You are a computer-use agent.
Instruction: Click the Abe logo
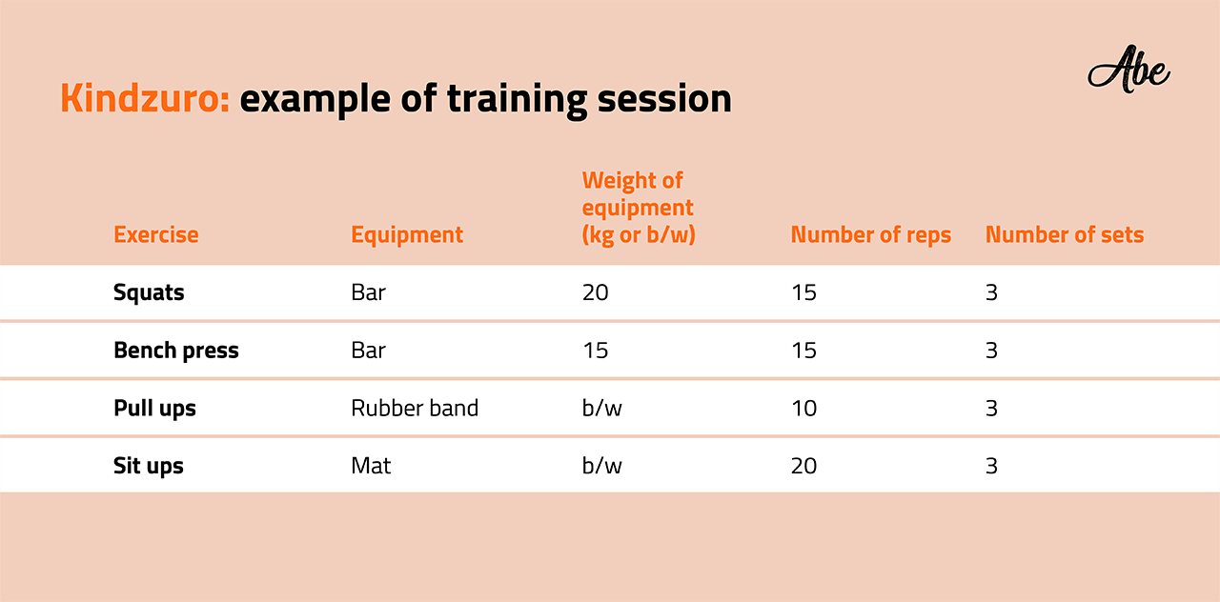[x=1128, y=70]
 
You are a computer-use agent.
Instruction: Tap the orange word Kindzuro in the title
[x=145, y=98]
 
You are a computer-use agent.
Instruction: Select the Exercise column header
[x=155, y=234]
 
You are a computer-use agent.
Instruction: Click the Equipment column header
[x=407, y=235]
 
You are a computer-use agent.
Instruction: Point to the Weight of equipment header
[x=639, y=208]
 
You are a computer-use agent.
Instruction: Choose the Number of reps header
[x=871, y=234]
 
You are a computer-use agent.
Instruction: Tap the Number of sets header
[x=1065, y=234]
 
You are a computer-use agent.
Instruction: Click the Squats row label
[x=149, y=292]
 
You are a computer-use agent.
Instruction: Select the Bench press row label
[x=176, y=350]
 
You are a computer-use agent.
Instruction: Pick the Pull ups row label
[x=154, y=409]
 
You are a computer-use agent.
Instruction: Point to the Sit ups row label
[x=148, y=466]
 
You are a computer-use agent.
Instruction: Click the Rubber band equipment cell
[x=415, y=408]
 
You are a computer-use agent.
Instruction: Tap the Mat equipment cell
[x=371, y=466]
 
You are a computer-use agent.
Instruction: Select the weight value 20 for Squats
[x=596, y=292]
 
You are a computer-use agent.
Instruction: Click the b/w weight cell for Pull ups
[x=601, y=408]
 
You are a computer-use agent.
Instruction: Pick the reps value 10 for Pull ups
[x=803, y=409]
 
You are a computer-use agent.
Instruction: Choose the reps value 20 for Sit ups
[x=803, y=466]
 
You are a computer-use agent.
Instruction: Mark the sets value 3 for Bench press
[x=991, y=350]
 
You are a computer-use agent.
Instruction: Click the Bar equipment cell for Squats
[x=368, y=292]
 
